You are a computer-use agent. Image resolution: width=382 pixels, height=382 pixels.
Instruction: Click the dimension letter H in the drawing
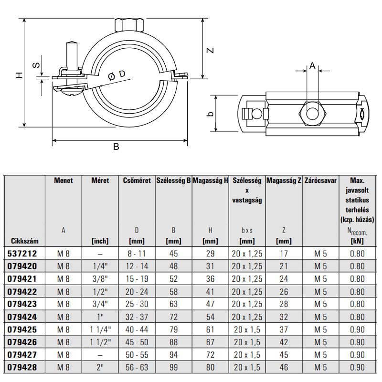[x=18, y=75]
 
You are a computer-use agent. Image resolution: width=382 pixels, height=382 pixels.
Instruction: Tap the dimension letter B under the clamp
[x=116, y=147]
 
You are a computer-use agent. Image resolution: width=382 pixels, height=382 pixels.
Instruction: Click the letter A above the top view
[x=312, y=66]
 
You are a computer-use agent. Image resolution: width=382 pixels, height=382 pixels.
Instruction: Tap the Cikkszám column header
[x=23, y=241]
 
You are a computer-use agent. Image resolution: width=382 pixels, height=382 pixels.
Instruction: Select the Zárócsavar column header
[x=321, y=181]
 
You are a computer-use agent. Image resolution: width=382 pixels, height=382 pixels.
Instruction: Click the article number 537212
[x=23, y=254]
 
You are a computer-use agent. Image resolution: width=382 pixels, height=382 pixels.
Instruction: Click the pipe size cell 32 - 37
[x=137, y=317]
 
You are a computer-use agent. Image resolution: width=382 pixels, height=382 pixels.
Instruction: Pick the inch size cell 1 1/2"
[x=100, y=342]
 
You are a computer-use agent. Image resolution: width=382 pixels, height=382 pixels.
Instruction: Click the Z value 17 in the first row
[x=284, y=254]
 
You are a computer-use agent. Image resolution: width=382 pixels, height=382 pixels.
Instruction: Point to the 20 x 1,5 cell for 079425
[x=247, y=330]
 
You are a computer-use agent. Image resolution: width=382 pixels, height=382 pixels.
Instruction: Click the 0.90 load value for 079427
[x=357, y=355]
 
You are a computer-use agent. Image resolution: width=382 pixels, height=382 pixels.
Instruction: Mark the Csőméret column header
[x=137, y=181]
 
